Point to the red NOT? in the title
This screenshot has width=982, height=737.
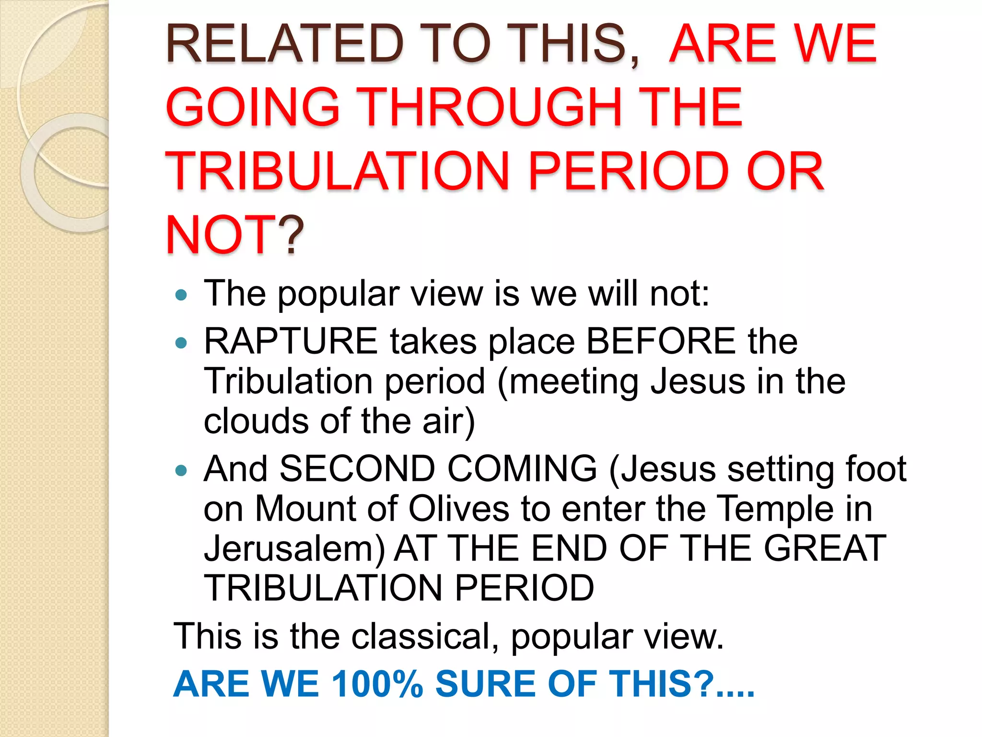click(235, 235)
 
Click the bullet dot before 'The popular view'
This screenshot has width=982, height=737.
click(181, 295)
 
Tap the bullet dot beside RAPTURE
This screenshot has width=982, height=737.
click(181, 343)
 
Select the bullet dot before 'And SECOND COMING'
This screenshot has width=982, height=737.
click(181, 470)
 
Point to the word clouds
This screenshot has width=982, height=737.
click(256, 421)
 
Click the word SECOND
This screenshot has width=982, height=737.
click(357, 469)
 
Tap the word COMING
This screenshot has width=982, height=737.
click(522, 469)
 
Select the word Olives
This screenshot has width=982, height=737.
click(458, 509)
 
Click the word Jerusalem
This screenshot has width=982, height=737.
click(293, 549)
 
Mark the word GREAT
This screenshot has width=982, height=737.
click(825, 548)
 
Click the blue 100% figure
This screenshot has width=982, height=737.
click(377, 684)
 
